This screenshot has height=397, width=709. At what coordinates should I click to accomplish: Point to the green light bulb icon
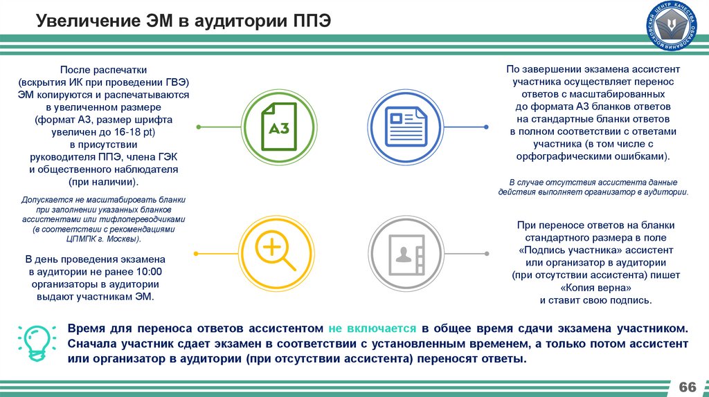[x=34, y=341]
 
